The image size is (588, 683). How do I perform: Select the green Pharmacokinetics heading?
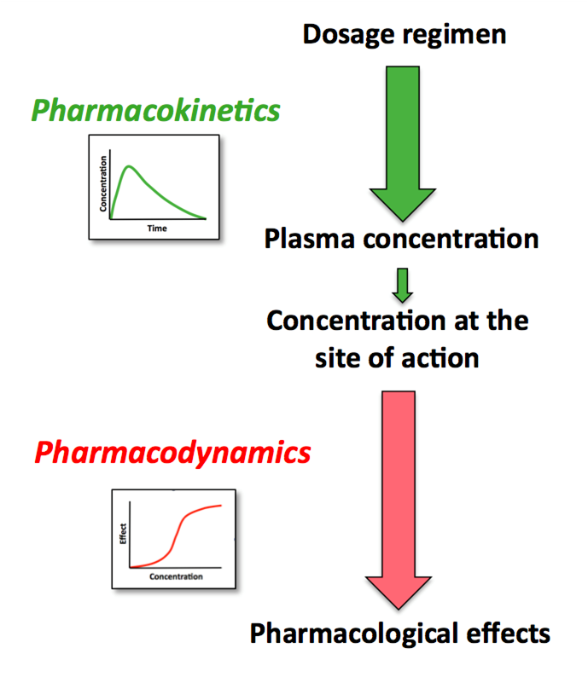coord(155,110)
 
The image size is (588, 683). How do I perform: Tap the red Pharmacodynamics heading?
coord(172,452)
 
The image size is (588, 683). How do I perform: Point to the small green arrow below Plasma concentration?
coord(402,285)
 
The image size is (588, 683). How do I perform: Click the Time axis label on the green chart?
coord(156,229)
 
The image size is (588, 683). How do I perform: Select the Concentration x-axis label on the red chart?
coord(176,576)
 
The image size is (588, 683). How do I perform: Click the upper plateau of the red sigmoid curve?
coord(209,508)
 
